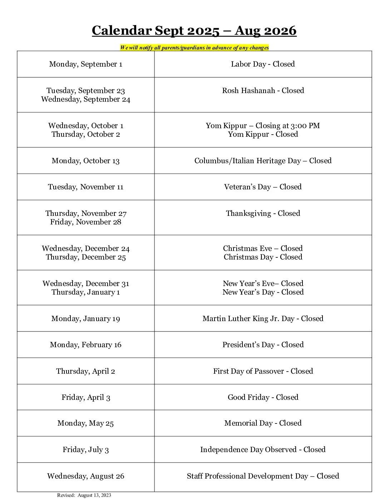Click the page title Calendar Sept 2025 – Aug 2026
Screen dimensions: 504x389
(x=194, y=31)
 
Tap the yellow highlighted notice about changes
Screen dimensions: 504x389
(x=194, y=48)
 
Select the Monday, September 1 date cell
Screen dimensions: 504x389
(x=86, y=64)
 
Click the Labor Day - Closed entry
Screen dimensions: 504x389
(x=263, y=64)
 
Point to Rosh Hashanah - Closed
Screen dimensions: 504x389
(x=263, y=91)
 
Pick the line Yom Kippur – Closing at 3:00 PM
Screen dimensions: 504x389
(x=263, y=126)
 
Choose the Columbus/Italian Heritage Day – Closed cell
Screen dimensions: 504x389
(x=263, y=161)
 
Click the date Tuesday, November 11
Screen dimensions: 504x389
(x=86, y=187)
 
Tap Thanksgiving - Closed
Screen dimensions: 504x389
(x=263, y=213)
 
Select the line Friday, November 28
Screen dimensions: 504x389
(x=86, y=222)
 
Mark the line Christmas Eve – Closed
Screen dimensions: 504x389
(x=263, y=248)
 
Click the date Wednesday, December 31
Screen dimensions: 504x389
(x=86, y=283)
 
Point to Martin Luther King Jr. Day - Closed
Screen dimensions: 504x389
(x=263, y=319)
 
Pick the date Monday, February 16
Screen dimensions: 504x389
(x=86, y=345)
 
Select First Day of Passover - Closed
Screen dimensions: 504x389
(x=263, y=371)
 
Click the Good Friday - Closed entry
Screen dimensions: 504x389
(x=263, y=397)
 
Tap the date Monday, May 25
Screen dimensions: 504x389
(x=86, y=423)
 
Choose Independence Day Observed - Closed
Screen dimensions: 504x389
(x=263, y=450)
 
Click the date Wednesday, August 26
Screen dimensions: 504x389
(x=86, y=476)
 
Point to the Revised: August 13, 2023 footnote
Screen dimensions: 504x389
(x=84, y=495)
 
